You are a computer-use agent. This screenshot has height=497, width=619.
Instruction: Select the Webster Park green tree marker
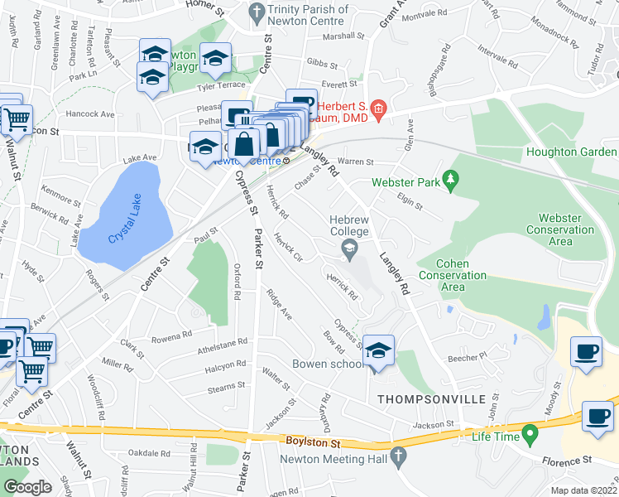pyautogui.click(x=450, y=179)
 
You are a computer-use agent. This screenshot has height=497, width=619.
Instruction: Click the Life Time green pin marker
pyautogui.click(x=530, y=434)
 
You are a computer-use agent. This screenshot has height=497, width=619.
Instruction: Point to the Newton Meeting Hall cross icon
pyautogui.click(x=398, y=456)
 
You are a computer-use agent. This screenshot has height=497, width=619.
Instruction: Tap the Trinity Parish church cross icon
pyautogui.click(x=256, y=12)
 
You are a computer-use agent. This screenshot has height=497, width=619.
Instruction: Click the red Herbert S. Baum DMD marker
pyautogui.click(x=378, y=108)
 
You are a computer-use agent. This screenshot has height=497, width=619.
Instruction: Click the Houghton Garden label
pyautogui.click(x=582, y=152)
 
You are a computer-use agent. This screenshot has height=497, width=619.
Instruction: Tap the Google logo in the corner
pyautogui.click(x=27, y=487)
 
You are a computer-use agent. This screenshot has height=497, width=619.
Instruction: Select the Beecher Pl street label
pyautogui.click(x=463, y=358)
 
